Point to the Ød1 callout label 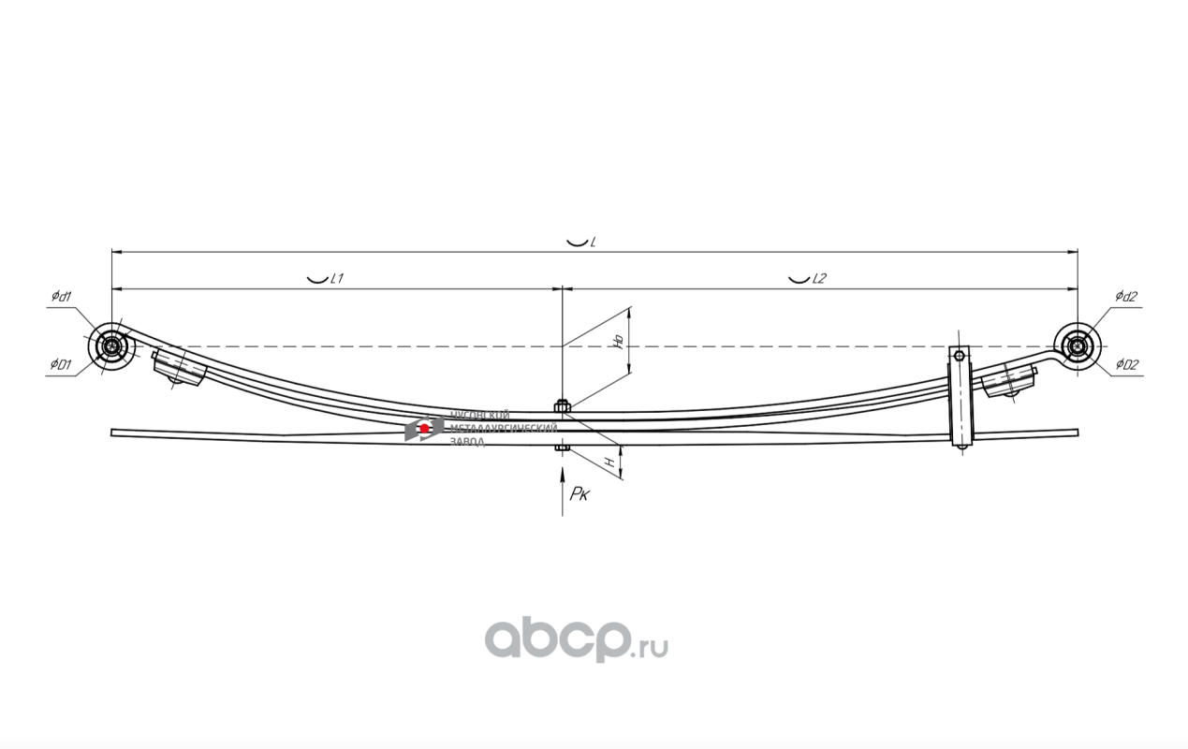click(62, 296)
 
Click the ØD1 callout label click(62, 364)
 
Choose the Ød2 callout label click(1125, 296)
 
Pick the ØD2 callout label click(1126, 364)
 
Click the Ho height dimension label click(618, 342)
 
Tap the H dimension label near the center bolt click(609, 462)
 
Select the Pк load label click(579, 493)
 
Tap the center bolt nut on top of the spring click(562, 405)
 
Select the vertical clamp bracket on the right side click(961, 398)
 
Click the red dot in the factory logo click(425, 428)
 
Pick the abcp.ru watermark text click(575, 640)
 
